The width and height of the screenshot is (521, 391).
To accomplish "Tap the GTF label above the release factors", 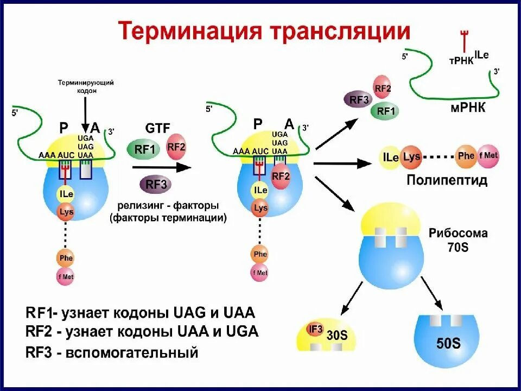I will point(158,128).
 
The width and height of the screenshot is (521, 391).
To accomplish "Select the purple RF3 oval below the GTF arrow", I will point(156,185).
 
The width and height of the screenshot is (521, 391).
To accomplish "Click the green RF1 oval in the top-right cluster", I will point(385,111).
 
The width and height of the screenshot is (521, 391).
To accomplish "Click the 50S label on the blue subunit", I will point(448,343).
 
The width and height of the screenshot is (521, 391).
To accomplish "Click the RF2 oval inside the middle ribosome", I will point(281,176).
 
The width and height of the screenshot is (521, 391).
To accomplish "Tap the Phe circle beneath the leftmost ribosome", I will point(66,258).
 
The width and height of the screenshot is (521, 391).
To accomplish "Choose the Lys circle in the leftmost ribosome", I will point(67,211).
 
